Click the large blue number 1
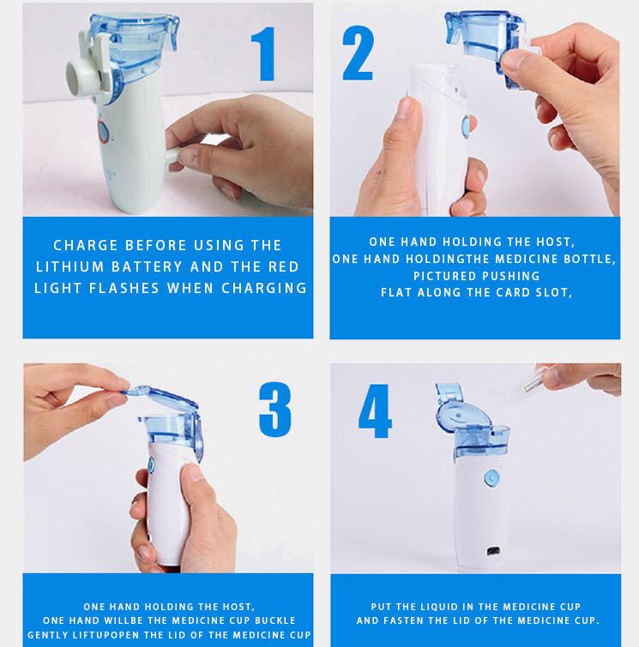(264, 54)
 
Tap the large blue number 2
(359, 52)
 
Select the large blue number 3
(275, 410)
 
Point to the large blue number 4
(375, 411)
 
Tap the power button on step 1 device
(103, 132)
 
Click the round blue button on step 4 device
(491, 478)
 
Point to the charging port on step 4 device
(493, 551)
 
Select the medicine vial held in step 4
(533, 384)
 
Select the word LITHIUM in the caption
(69, 267)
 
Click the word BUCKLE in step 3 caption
(275, 620)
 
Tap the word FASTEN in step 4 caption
(401, 620)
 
